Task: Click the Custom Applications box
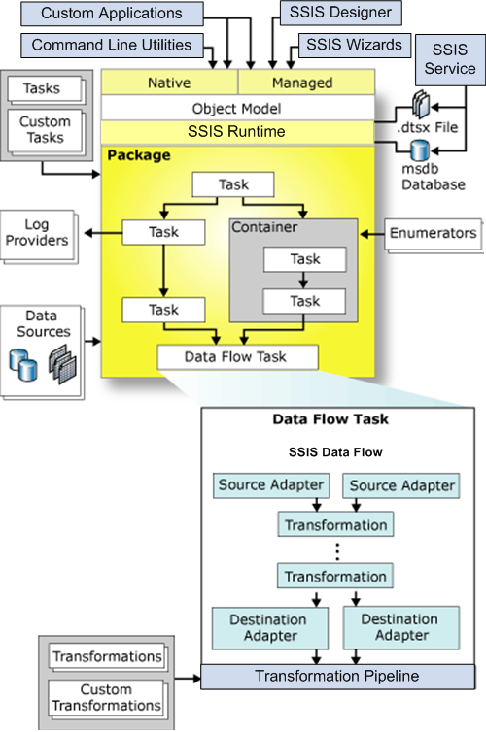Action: (112, 14)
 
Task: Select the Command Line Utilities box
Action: (112, 46)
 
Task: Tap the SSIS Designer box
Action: (340, 13)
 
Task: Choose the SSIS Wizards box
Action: (355, 45)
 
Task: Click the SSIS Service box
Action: (450, 60)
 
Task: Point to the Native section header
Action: (169, 83)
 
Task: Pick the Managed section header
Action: (306, 83)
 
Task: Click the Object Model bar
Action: (238, 109)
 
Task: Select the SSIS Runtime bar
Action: (238, 132)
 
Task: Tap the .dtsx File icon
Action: (421, 104)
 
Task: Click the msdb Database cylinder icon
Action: (420, 150)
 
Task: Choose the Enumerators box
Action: (434, 233)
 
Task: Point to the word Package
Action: (139, 155)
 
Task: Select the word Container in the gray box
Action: (264, 227)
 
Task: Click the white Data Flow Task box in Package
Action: (238, 357)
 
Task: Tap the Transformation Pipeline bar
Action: (338, 677)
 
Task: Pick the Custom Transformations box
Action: (106, 698)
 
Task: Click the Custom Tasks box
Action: (45, 130)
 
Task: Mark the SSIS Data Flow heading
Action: (335, 452)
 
